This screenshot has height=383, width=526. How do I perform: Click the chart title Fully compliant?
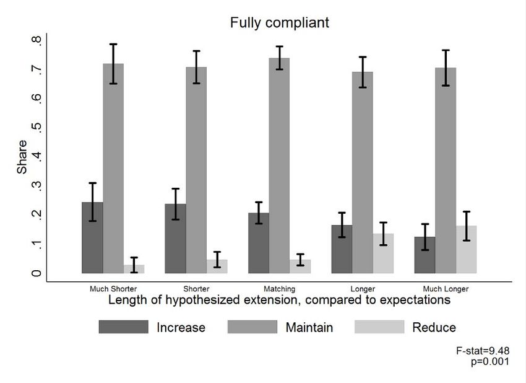[x=280, y=23]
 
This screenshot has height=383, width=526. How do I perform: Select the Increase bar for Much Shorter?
[x=93, y=238]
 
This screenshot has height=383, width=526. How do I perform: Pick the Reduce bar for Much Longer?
[x=467, y=249]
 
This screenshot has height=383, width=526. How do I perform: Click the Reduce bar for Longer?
[x=384, y=253]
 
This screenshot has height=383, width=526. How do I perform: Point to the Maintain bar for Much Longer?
[x=446, y=170]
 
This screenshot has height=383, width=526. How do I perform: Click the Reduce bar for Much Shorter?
[x=134, y=269]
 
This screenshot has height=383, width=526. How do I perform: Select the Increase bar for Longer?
[x=342, y=249]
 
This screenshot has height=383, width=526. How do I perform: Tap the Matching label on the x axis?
[x=279, y=289]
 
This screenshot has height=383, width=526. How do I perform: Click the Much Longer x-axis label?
[x=446, y=289]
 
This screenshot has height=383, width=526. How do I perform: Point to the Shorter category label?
[x=196, y=289]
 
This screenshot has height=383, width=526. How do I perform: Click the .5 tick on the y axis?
[x=39, y=128]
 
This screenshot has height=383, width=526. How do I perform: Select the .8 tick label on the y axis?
[x=39, y=41]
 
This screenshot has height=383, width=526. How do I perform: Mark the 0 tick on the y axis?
[x=39, y=273]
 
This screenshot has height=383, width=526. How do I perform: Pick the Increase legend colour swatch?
[x=123, y=327]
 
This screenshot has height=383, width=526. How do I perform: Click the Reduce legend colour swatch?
[x=379, y=327]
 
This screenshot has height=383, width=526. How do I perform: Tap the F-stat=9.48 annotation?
[x=483, y=351]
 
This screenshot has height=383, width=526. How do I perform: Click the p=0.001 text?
[x=490, y=361]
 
